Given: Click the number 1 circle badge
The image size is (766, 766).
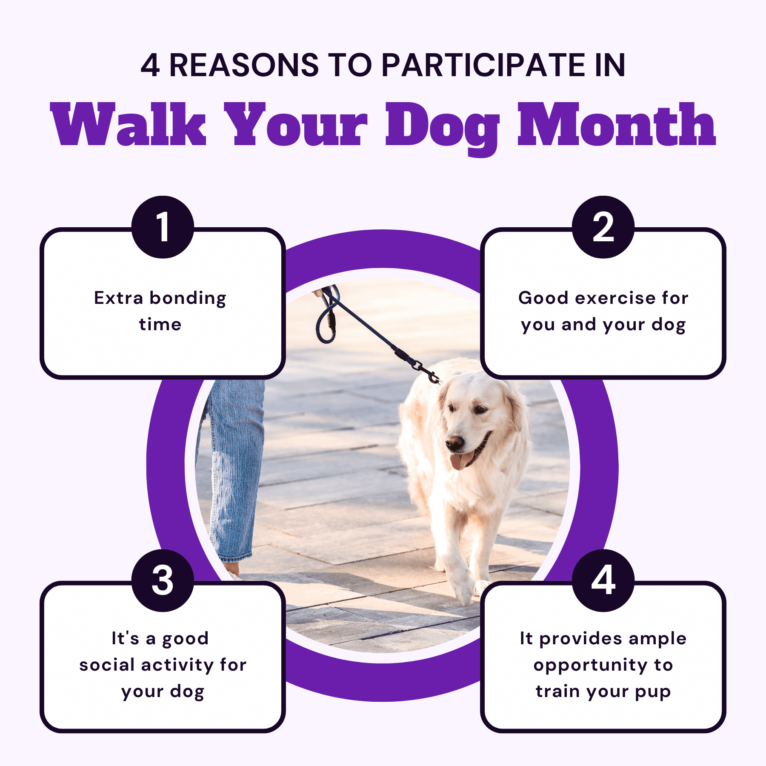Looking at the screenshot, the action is pyautogui.click(x=163, y=227).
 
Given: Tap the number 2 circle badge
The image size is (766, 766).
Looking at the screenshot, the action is pyautogui.click(x=603, y=227).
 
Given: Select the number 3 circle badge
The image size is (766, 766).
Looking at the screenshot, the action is pyautogui.click(x=163, y=580).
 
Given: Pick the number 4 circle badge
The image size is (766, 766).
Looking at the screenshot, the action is pyautogui.click(x=603, y=580).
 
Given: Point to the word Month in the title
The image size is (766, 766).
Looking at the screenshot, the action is pyautogui.click(x=617, y=125).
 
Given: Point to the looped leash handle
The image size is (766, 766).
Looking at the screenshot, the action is pyautogui.click(x=328, y=315).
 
